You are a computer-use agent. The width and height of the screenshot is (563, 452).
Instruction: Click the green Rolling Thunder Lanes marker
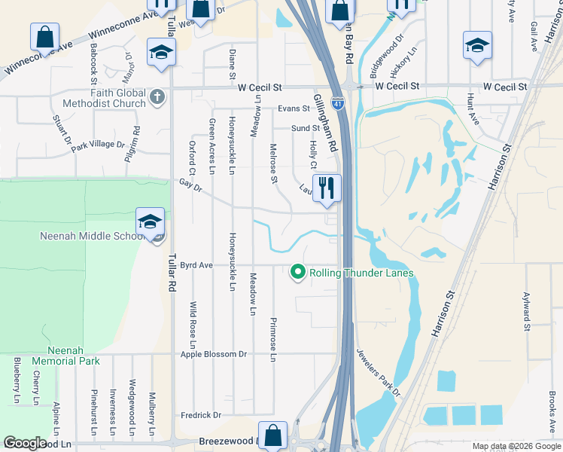click(298, 272)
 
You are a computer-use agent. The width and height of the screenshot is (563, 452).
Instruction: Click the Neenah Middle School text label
click(90, 237)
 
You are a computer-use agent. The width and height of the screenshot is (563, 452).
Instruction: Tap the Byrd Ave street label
click(196, 265)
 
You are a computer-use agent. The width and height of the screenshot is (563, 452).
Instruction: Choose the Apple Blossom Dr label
click(214, 353)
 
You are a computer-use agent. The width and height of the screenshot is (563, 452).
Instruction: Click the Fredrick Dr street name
click(201, 415)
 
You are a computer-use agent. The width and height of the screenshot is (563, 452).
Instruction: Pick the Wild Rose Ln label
click(193, 319)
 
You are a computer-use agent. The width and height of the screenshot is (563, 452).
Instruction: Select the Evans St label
click(294, 108)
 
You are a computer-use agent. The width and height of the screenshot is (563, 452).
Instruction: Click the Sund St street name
click(305, 128)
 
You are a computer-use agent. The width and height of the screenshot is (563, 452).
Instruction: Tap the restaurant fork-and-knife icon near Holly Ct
click(327, 188)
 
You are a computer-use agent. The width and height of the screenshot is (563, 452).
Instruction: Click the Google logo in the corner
click(24, 443)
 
